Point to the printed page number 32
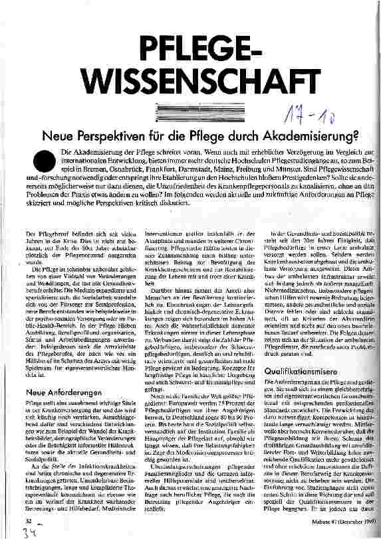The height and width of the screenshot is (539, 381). coord(28,521)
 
